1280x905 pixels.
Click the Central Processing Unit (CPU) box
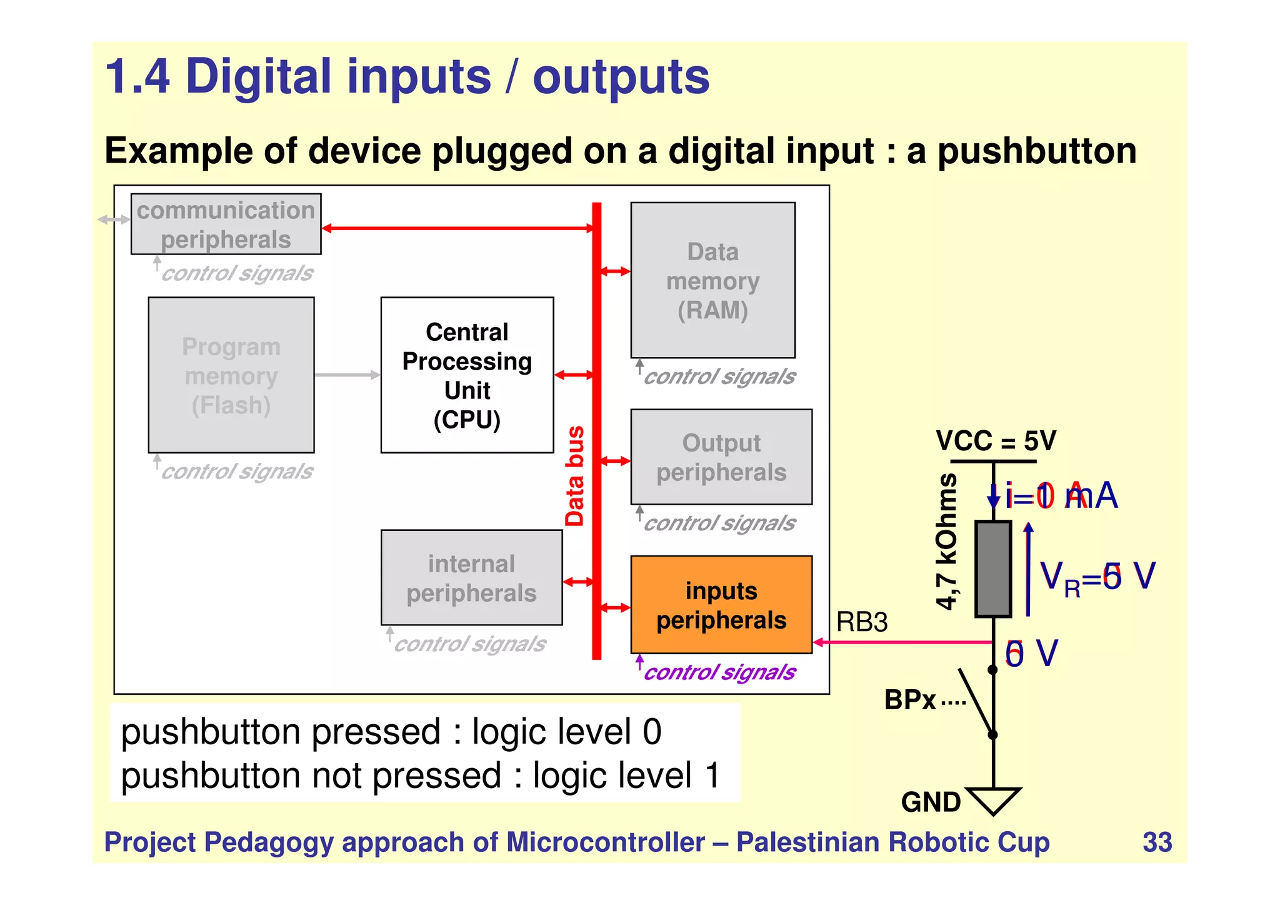coord(467,375)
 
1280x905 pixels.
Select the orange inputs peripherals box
coord(721,605)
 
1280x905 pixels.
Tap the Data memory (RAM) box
coord(712,280)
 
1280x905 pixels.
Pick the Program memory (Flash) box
coord(231,375)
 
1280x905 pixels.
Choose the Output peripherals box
coord(721,457)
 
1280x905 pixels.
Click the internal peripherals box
coord(471,578)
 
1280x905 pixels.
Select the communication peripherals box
coord(226,224)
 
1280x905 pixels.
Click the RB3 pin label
coord(861,622)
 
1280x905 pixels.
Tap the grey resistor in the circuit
coord(993,569)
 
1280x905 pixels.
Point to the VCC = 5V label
coord(996,441)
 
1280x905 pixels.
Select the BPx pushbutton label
coord(910,700)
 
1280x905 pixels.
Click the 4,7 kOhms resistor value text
coord(947,542)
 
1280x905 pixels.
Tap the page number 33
coord(1157,842)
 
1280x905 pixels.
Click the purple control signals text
coord(719,672)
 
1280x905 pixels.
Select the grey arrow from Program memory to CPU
coord(347,375)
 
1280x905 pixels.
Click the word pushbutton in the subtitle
coord(1037,151)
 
